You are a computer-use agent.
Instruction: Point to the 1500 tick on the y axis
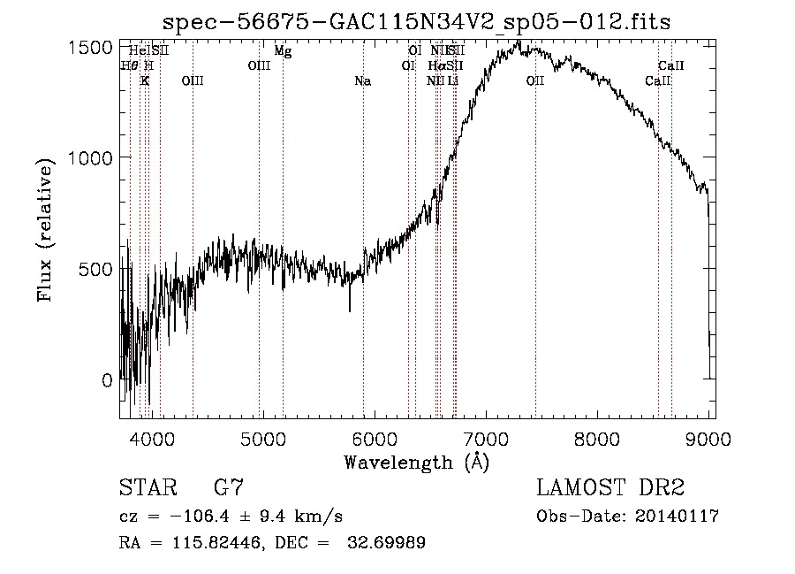point(92,48)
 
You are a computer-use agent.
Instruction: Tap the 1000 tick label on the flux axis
point(92,157)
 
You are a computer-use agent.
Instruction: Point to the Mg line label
point(283,51)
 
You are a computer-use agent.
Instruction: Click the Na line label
point(362,81)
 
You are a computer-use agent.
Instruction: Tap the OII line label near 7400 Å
point(535,81)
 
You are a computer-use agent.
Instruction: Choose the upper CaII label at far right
point(671,65)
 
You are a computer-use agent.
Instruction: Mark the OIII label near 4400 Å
point(192,81)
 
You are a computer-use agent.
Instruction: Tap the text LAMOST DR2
point(610,487)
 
